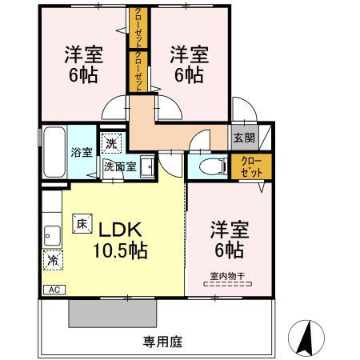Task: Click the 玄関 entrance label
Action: tap(244, 137)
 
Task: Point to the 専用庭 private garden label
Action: tap(163, 342)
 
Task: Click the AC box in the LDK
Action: tap(54, 290)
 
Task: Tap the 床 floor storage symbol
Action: tap(82, 224)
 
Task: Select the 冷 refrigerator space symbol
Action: tap(52, 260)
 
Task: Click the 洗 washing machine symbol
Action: tap(115, 142)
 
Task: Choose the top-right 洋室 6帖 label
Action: tap(189, 65)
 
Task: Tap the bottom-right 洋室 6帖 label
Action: tap(227, 238)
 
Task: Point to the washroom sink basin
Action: tap(147, 166)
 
